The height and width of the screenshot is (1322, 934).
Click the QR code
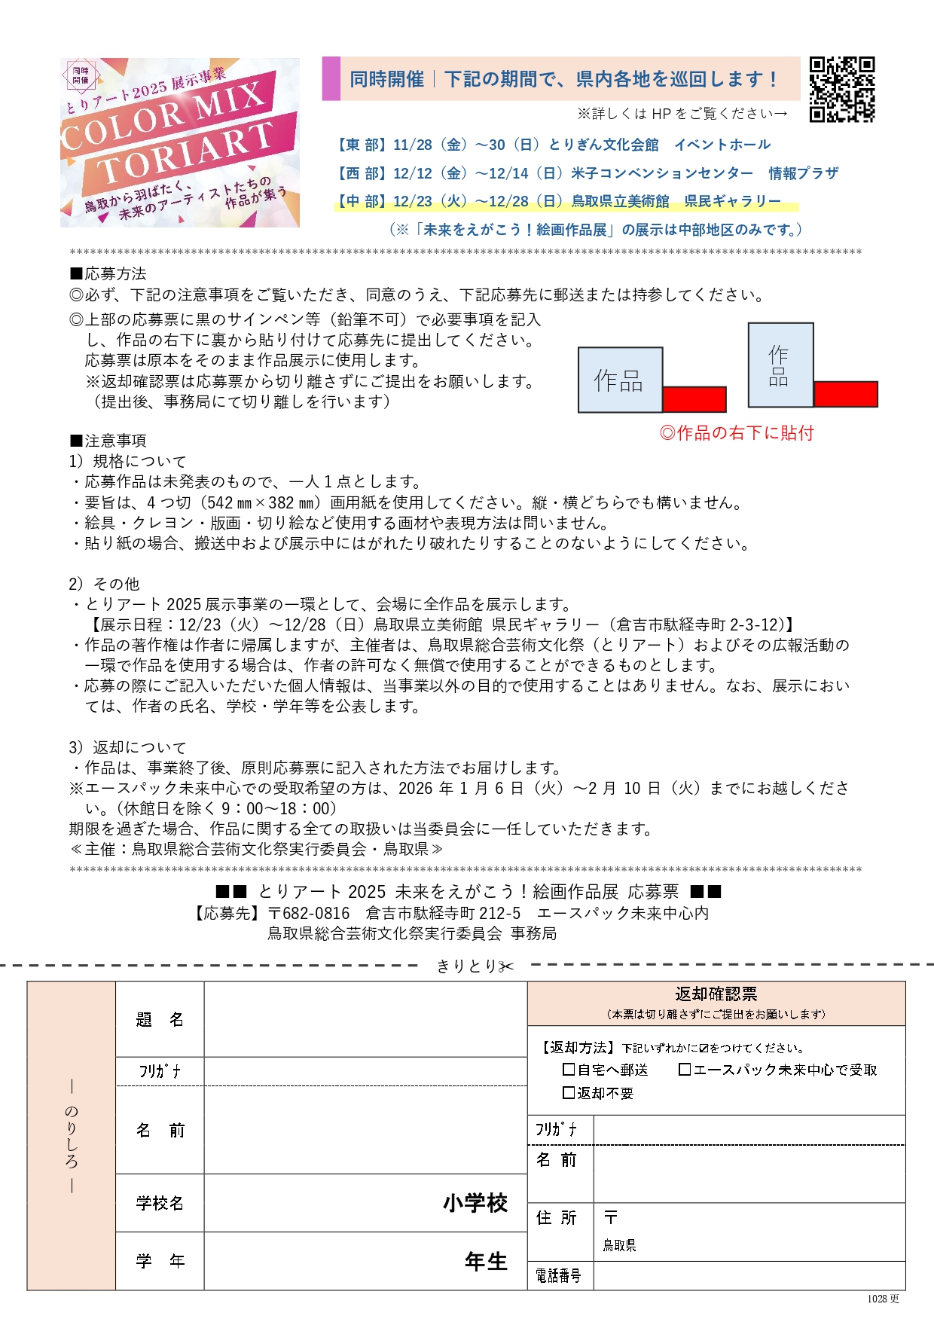[x=841, y=89]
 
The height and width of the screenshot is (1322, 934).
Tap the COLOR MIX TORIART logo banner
[x=180, y=143]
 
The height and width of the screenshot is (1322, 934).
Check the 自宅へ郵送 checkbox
[x=569, y=1070]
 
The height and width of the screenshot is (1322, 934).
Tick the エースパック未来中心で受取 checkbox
[x=685, y=1070]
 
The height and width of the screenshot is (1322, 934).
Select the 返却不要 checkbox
[x=569, y=1092]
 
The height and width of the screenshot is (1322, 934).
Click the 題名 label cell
[x=160, y=1019]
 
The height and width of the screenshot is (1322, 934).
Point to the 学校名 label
[x=160, y=1203]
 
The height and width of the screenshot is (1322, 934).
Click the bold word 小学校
[x=475, y=1203]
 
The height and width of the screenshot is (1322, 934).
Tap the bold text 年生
[x=486, y=1261]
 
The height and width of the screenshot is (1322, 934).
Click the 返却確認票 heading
[x=716, y=994]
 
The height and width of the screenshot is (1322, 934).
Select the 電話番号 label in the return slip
[x=559, y=1275]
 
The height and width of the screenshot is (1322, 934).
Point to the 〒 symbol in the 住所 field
[x=611, y=1217]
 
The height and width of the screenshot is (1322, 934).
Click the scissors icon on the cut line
[x=506, y=966]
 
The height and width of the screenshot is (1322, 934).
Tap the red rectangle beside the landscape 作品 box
[x=694, y=399]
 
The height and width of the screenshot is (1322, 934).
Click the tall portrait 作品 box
[x=780, y=365]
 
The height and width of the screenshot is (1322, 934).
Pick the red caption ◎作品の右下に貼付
[x=737, y=433]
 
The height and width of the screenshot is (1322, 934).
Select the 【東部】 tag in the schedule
[x=359, y=145]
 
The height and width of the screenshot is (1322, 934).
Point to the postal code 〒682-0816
[x=309, y=913]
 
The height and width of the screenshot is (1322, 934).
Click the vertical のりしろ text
[x=72, y=1136]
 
